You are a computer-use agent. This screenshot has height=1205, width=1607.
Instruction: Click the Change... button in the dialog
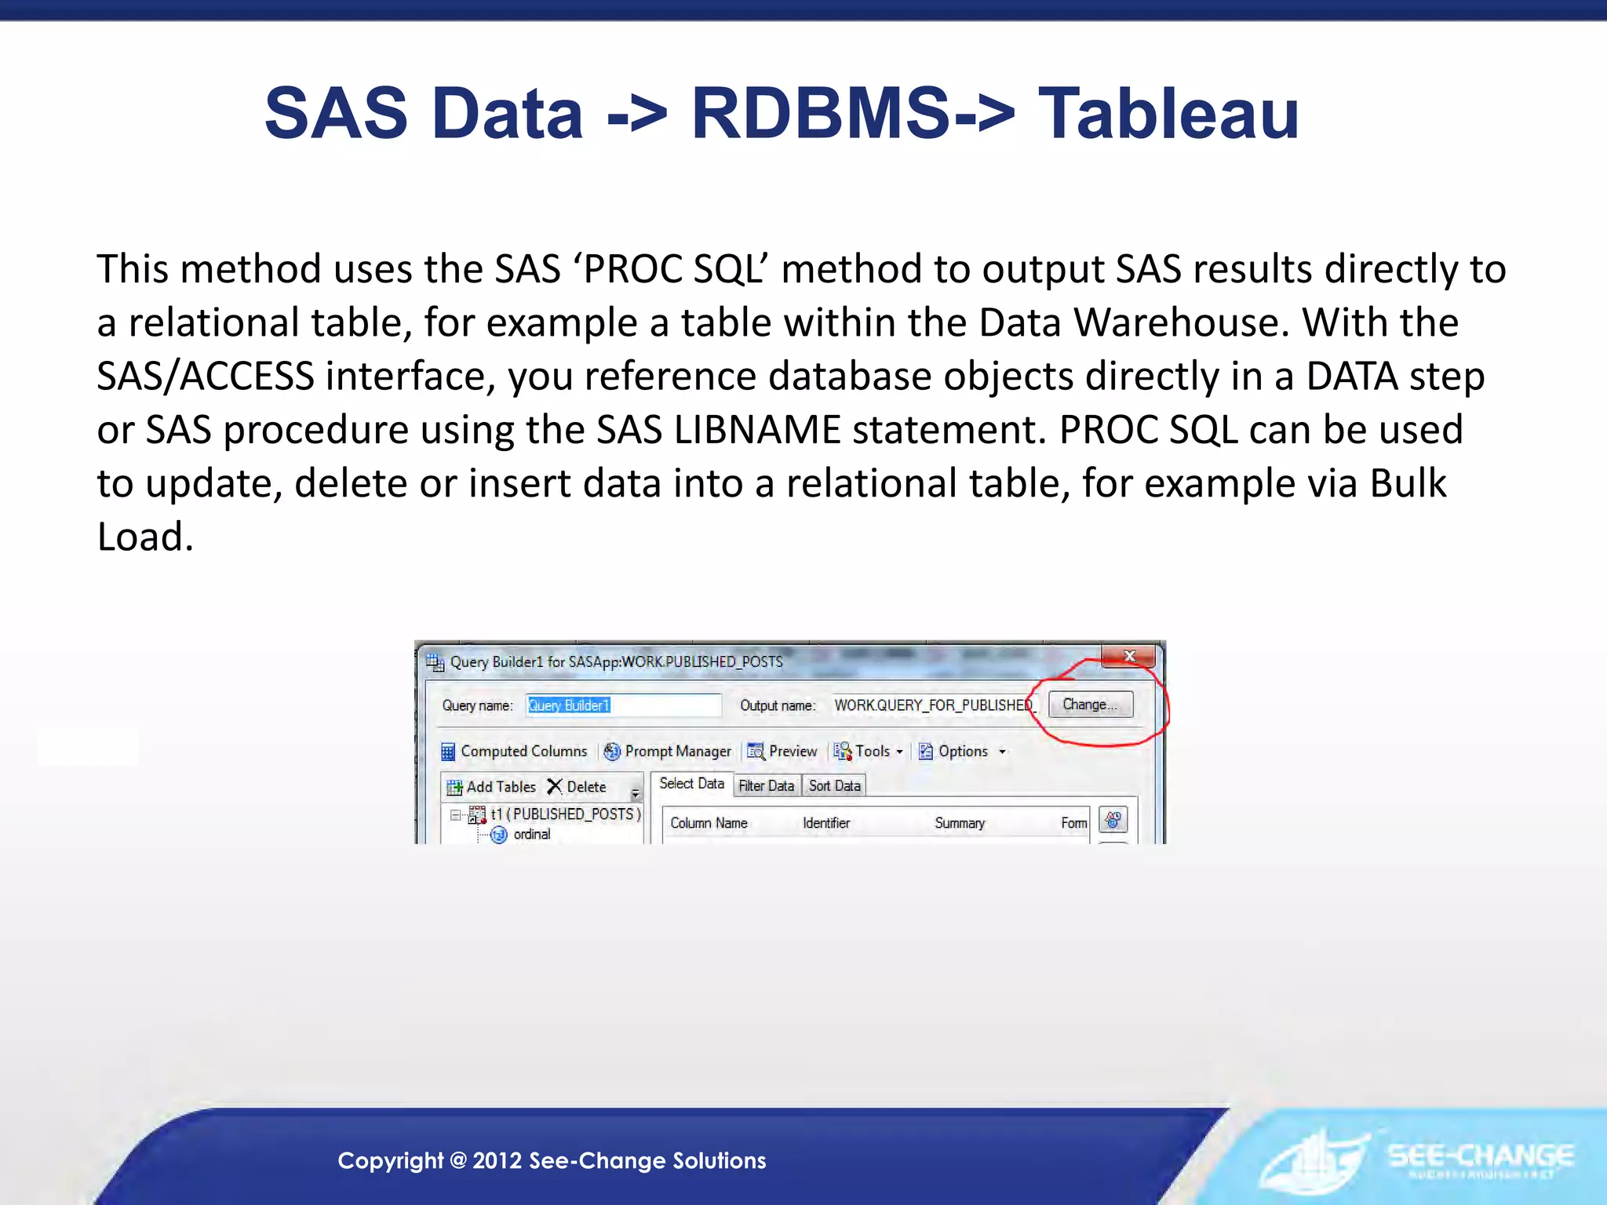point(1090,704)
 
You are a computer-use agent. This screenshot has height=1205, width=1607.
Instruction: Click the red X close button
point(1129,656)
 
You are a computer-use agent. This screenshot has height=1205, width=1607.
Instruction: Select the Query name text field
point(623,705)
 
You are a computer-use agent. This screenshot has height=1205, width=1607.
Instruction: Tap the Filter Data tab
point(766,786)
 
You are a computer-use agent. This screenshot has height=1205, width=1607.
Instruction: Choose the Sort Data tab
point(835,786)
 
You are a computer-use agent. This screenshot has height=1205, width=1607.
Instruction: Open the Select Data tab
point(691,784)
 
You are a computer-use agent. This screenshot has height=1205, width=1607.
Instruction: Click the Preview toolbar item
point(782,752)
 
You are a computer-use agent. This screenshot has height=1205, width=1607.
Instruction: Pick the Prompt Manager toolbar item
point(668,752)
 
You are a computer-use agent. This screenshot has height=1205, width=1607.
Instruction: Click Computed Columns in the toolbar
point(515,752)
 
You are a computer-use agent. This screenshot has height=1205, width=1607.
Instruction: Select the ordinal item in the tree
point(531,835)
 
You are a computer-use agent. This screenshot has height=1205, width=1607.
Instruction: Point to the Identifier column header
point(826,823)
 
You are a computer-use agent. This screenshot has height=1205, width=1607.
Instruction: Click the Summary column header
point(960,823)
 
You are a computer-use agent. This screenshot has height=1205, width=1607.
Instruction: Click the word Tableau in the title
point(1168,115)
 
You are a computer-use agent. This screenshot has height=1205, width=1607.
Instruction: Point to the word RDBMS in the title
point(821,115)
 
